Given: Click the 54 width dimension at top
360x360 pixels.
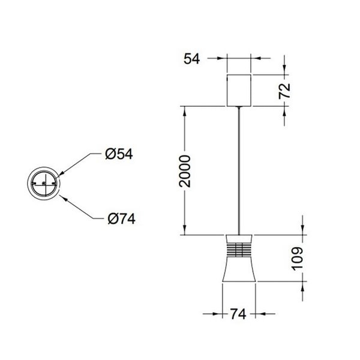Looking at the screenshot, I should [191, 58].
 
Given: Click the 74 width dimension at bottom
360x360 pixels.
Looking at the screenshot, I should [239, 313].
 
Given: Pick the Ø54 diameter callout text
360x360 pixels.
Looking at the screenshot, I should [118, 154].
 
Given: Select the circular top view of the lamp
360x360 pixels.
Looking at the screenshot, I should [44, 183].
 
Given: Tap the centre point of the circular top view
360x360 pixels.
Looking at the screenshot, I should [44, 183].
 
